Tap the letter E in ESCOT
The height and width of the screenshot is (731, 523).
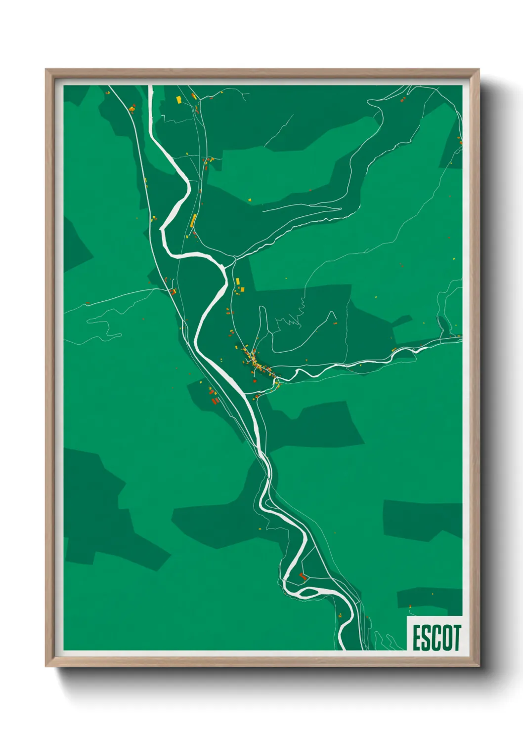[x=417, y=638]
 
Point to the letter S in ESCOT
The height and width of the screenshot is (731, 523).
[x=426, y=638]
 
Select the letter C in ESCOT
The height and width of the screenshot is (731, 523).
[x=436, y=638]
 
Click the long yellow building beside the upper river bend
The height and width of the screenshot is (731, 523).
[x=193, y=220]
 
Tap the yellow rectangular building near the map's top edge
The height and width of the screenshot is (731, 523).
[x=179, y=100]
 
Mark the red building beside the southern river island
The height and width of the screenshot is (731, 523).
[x=303, y=576]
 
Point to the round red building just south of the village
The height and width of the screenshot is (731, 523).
[x=255, y=381]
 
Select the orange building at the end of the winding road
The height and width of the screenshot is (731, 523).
[x=335, y=323]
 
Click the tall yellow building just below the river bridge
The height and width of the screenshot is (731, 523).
[x=238, y=281]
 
